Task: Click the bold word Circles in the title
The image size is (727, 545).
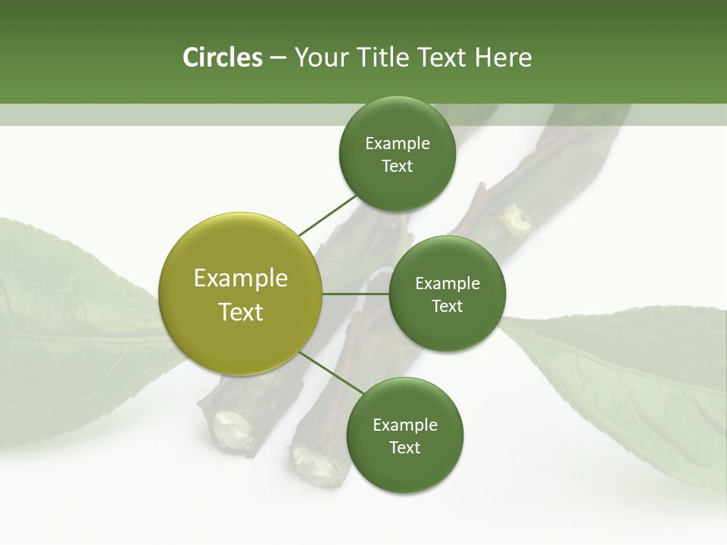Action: point(222,58)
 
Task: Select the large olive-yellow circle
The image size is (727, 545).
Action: point(241,294)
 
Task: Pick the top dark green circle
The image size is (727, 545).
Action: point(397,154)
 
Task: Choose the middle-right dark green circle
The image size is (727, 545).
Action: point(447,294)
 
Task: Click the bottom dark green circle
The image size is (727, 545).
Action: point(404,435)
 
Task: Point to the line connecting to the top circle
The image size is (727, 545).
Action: point(327,215)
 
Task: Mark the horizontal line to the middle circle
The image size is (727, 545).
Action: point(355,293)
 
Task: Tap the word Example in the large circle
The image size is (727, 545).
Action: point(241,278)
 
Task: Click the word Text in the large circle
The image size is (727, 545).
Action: point(241,311)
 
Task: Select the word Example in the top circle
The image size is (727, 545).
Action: point(397,143)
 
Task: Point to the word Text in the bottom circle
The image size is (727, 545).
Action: point(404,447)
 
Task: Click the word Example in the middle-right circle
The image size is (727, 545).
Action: point(447,283)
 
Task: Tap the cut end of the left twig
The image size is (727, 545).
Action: point(227,428)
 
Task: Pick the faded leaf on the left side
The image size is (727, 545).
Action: point(61,318)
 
